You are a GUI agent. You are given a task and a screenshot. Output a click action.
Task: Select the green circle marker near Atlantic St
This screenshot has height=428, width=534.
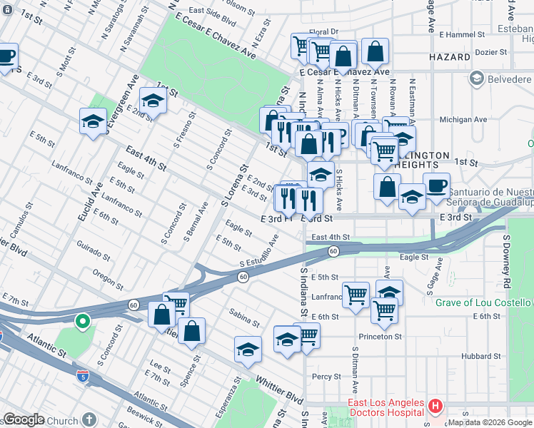pyautogui.click(x=83, y=322)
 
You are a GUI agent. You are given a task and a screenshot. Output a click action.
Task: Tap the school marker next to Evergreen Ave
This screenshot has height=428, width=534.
pyautogui.click(x=93, y=121)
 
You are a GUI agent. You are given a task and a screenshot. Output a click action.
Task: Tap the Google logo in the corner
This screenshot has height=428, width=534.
pyautogui.click(x=24, y=419)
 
